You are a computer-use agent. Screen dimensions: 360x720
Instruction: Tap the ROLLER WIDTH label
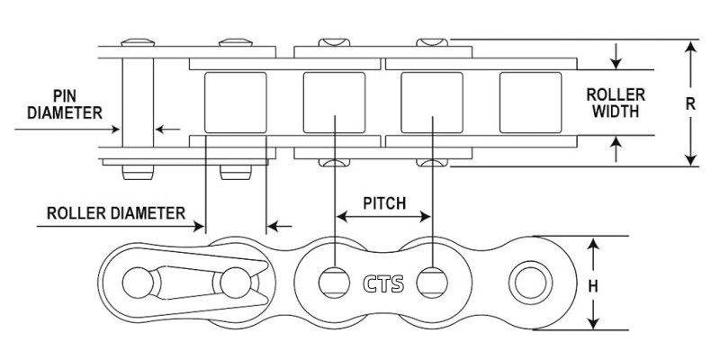(614, 103)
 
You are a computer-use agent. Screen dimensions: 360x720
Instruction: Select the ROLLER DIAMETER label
(116, 213)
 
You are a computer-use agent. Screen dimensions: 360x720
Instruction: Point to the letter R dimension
(691, 103)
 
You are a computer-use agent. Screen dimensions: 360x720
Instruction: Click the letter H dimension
(593, 285)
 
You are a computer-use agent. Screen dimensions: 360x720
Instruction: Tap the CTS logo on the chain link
(383, 283)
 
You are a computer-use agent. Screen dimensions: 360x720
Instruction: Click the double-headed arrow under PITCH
(383, 217)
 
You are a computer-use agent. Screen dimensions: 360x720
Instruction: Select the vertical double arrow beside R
(690, 103)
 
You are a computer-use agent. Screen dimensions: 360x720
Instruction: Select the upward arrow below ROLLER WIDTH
(616, 148)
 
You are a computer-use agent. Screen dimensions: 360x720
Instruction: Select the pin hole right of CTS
(433, 283)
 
